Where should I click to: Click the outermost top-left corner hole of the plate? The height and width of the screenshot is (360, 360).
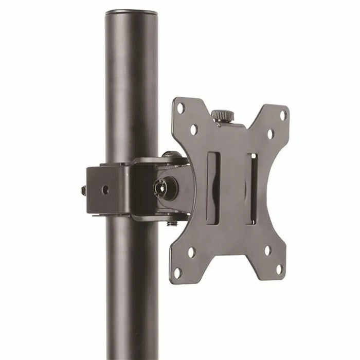pos(181,107)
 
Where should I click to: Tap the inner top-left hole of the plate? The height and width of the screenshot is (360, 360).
pos(193,129)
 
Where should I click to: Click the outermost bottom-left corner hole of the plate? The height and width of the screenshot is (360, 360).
pos(178,272)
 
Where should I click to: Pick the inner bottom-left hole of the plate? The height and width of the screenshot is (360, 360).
pos(191,253)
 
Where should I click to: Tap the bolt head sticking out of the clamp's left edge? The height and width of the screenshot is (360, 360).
pos(83,190)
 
